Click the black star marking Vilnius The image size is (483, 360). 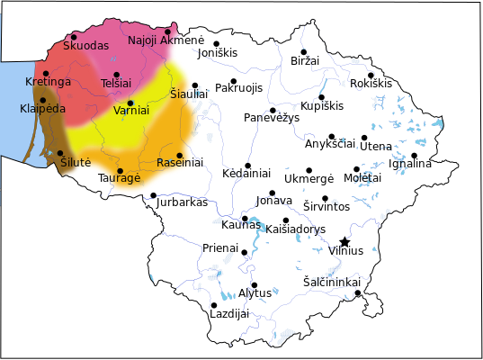tap(344, 241)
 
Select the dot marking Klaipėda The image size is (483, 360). tap(42, 100)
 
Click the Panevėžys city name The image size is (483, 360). tap(272, 119)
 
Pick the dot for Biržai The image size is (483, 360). tap(304, 52)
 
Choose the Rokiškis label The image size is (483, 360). tap(371, 84)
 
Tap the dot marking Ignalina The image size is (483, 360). tap(415, 156)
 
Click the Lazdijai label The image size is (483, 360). tap(228, 314)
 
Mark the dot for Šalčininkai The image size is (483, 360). tap(357, 292)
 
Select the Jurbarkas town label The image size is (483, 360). tap(182, 202)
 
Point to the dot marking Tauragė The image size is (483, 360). tap(121, 170)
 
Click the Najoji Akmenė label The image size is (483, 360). tap(166, 40)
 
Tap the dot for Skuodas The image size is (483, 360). tap(74, 37)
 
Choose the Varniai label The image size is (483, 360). tap(130, 111)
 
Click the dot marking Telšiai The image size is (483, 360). tap(117, 75)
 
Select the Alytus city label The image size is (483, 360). tap(255, 293)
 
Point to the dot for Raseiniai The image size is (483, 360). tap(180, 155)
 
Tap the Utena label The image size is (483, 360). tap(376, 145)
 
